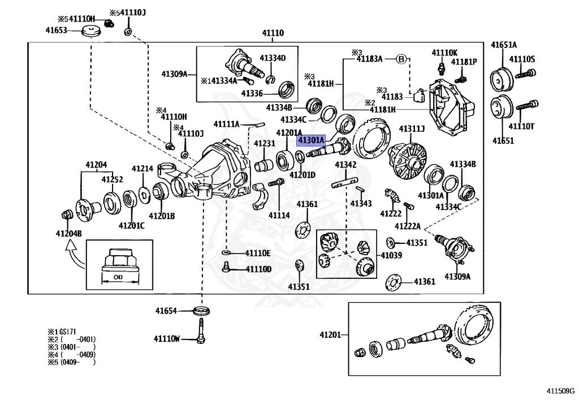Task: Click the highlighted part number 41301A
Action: [x=312, y=140]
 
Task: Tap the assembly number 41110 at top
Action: [x=273, y=34]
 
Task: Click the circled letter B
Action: [x=400, y=58]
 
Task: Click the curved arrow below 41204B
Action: [x=72, y=249]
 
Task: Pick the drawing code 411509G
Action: [x=559, y=390]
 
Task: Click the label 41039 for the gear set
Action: [x=391, y=255]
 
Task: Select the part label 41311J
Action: [x=412, y=129]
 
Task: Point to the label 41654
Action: [x=166, y=311]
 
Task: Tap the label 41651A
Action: [x=504, y=45]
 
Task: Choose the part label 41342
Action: [x=345, y=165]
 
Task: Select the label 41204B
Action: [x=68, y=233]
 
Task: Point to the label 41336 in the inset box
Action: [x=252, y=93]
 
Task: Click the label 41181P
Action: [x=464, y=61]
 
